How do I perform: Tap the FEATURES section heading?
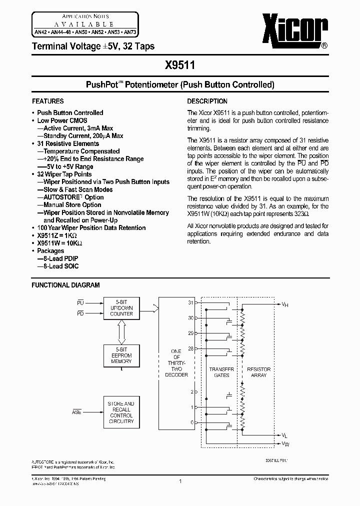coord(47,101)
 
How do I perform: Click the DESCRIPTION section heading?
coord(207,101)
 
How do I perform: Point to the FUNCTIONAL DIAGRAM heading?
coord(65,285)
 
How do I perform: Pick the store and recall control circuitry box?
coord(121,412)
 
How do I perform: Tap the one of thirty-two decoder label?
coord(176,362)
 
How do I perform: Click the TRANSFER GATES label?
coord(221,372)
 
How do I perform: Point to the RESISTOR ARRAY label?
coord(259,372)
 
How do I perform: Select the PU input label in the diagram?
coord(80,302)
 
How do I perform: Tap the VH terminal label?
coord(284,304)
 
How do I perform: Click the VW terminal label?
coord(284,443)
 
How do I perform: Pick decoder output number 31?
coord(190,302)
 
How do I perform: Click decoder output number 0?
coord(191,422)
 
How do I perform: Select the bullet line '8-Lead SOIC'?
coord(58,266)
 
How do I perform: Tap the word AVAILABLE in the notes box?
coord(83,24)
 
